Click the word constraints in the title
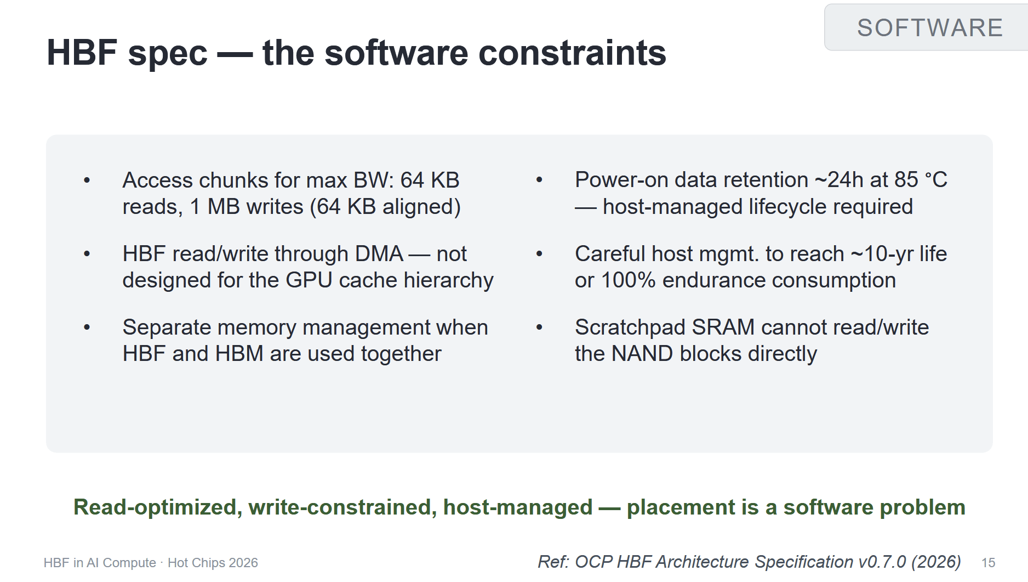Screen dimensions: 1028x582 572,53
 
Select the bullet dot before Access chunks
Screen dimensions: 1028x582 87,180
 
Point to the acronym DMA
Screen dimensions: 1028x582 379,253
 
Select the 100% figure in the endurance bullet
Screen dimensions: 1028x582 628,280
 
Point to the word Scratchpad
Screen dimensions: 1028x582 630,327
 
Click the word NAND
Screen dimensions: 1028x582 642,354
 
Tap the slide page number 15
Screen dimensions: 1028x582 988,563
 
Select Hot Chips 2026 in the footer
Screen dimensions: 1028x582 213,563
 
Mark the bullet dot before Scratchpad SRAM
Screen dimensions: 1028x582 539,327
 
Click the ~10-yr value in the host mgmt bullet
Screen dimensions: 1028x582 882,254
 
